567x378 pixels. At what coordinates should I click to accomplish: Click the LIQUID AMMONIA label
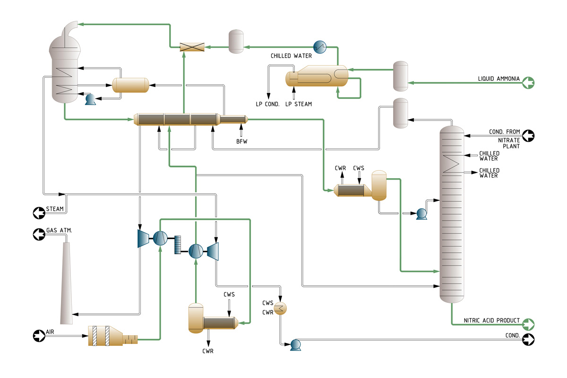point(499,78)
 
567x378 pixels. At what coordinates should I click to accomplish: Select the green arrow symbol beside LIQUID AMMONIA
point(528,83)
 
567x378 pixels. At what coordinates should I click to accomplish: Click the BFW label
point(241,141)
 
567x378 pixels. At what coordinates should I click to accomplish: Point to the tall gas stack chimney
point(67,283)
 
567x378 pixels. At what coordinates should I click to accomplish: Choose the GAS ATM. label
point(59,231)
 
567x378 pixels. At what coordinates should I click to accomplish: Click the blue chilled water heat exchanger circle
point(320,46)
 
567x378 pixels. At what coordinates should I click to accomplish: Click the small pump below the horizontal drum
point(89,99)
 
